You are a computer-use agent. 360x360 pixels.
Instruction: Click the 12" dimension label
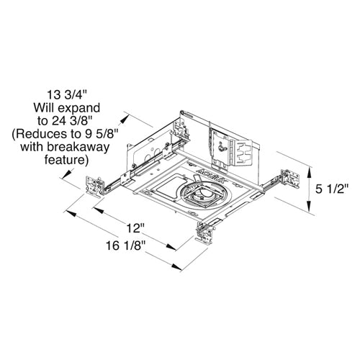click(133, 228)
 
